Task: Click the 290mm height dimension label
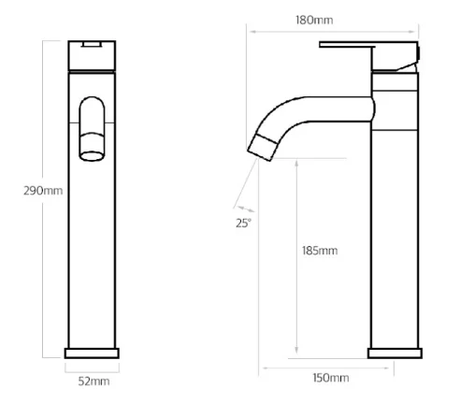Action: (x=43, y=191)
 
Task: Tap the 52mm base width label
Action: (x=93, y=382)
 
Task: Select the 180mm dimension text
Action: (x=314, y=21)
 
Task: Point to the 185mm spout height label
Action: (x=320, y=251)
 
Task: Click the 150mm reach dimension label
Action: (x=331, y=378)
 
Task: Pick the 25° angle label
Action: (x=243, y=224)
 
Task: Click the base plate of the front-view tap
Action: (x=92, y=353)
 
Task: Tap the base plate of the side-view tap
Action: (x=395, y=353)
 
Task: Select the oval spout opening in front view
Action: (x=92, y=156)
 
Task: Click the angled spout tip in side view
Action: (x=263, y=147)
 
